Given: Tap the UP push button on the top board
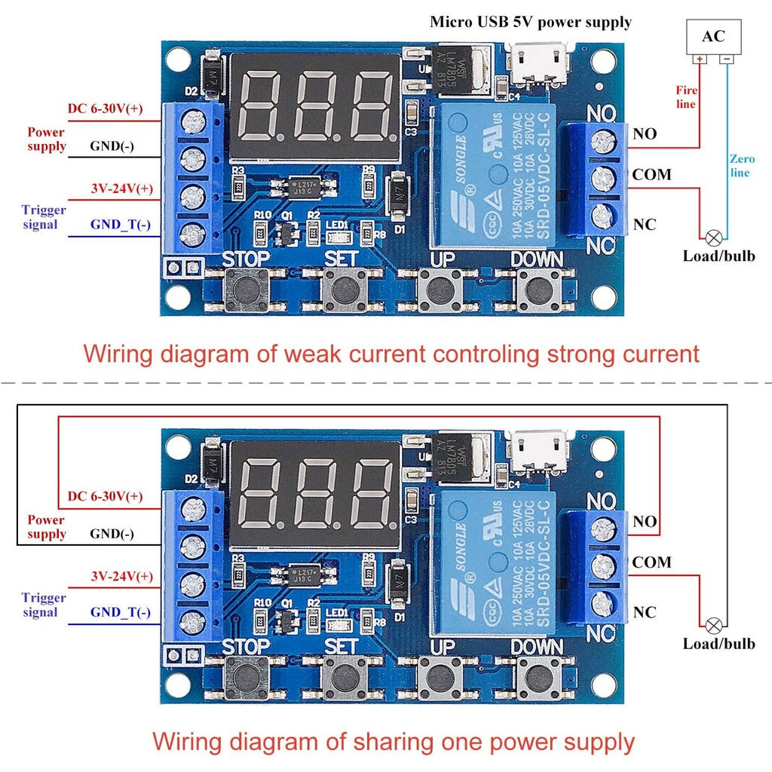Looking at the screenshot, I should (x=437, y=289).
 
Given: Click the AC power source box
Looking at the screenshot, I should (x=713, y=36).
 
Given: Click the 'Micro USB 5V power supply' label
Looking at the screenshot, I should (x=531, y=21).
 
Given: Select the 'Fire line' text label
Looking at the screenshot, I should (x=685, y=96).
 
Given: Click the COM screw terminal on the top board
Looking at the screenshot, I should (x=601, y=179).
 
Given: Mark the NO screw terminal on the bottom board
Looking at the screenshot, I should (x=601, y=525).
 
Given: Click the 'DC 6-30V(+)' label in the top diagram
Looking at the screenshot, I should (x=105, y=109).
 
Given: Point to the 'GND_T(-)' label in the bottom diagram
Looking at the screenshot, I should (x=120, y=612).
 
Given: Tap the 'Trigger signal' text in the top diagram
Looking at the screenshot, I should (x=44, y=217).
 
